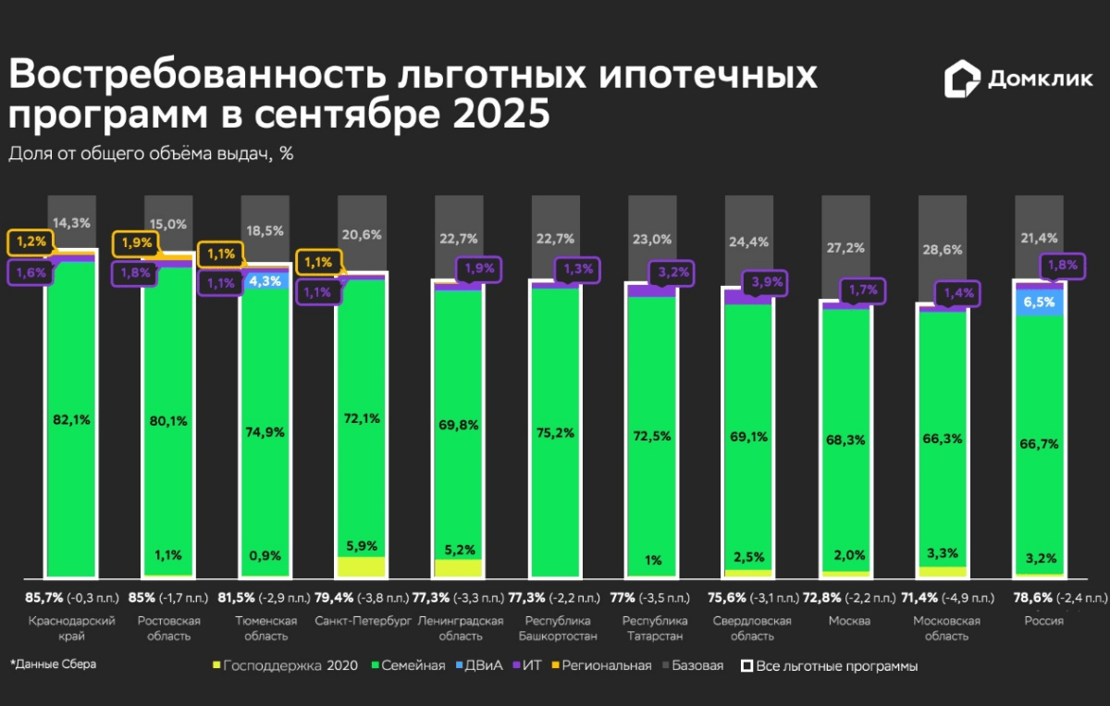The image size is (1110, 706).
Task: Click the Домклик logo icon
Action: click(962, 80)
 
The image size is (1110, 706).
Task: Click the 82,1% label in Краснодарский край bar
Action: click(72, 419)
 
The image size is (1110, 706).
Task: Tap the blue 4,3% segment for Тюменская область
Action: click(266, 279)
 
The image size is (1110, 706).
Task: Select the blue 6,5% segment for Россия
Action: click(1041, 302)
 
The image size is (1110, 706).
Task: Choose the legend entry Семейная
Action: click(407, 665)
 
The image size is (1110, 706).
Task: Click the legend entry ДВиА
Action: click(484, 665)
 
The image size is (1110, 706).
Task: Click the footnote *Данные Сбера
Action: click(53, 663)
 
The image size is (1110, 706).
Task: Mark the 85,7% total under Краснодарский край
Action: click(41, 598)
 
